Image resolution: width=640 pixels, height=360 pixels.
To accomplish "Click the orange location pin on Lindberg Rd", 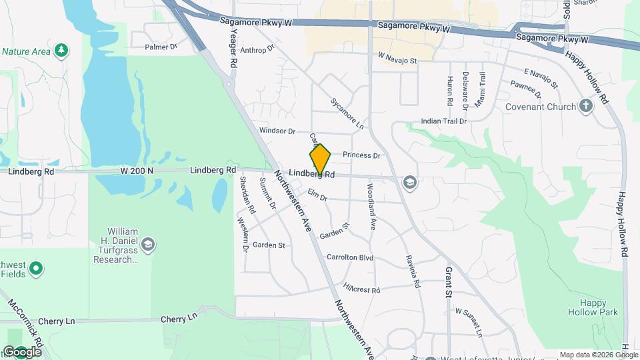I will (x=321, y=159).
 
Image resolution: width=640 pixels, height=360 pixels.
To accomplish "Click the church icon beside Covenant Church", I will (x=586, y=106).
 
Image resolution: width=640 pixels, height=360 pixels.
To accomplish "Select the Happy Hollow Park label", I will (x=593, y=307).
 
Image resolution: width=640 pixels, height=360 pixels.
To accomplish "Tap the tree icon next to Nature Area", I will (x=61, y=51).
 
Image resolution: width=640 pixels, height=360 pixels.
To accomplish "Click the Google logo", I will (x=22, y=351).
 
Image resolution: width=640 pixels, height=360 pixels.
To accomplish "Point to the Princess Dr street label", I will (x=361, y=155).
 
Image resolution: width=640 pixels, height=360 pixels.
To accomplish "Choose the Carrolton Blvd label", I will (x=349, y=257).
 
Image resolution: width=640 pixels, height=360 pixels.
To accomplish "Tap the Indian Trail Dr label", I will (x=443, y=122).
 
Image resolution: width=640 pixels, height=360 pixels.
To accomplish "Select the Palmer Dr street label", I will (x=161, y=47).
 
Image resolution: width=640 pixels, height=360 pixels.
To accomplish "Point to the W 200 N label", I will (x=137, y=171).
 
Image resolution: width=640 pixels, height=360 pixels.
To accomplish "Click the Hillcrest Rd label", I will (x=361, y=289).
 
